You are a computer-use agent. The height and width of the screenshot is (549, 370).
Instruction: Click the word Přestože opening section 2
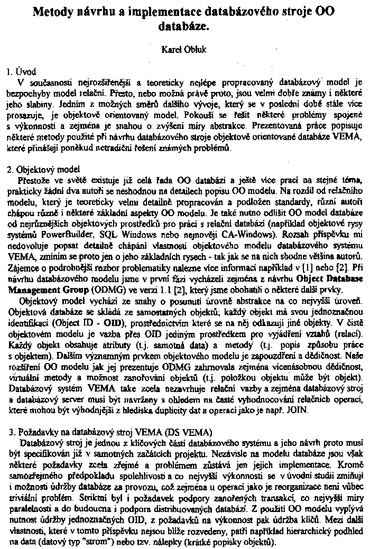tap(34, 180)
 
